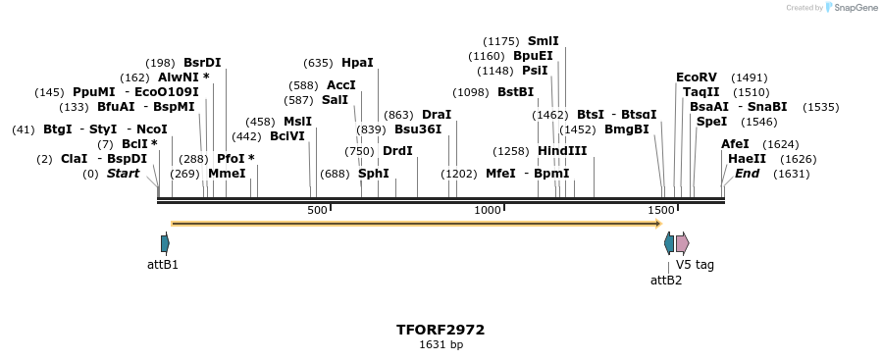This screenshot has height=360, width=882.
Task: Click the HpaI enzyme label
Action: pos(357,63)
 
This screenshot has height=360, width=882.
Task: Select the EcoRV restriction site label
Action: pos(697,77)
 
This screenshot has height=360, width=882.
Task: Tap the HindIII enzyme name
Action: pos(562,151)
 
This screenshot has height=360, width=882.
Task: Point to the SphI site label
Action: pos(373,174)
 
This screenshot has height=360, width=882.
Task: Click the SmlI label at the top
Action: pos(543,41)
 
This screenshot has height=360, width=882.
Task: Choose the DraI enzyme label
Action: pos(436,115)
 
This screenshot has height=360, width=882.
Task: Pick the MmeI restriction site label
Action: pos(227,174)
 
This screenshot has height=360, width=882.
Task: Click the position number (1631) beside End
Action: pos(791,174)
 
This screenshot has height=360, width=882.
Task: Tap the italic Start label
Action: pos(123,174)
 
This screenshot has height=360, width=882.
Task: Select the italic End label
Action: pos(747,174)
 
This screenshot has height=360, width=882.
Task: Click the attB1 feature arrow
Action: pos(165,243)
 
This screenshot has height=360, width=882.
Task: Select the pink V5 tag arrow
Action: pos(682,243)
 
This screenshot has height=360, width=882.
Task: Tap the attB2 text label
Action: pos(666,281)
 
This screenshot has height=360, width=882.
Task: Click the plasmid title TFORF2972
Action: pos(441,330)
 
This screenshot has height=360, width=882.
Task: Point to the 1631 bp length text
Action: pos(441,345)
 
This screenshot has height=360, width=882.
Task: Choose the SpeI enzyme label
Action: pos(711,122)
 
